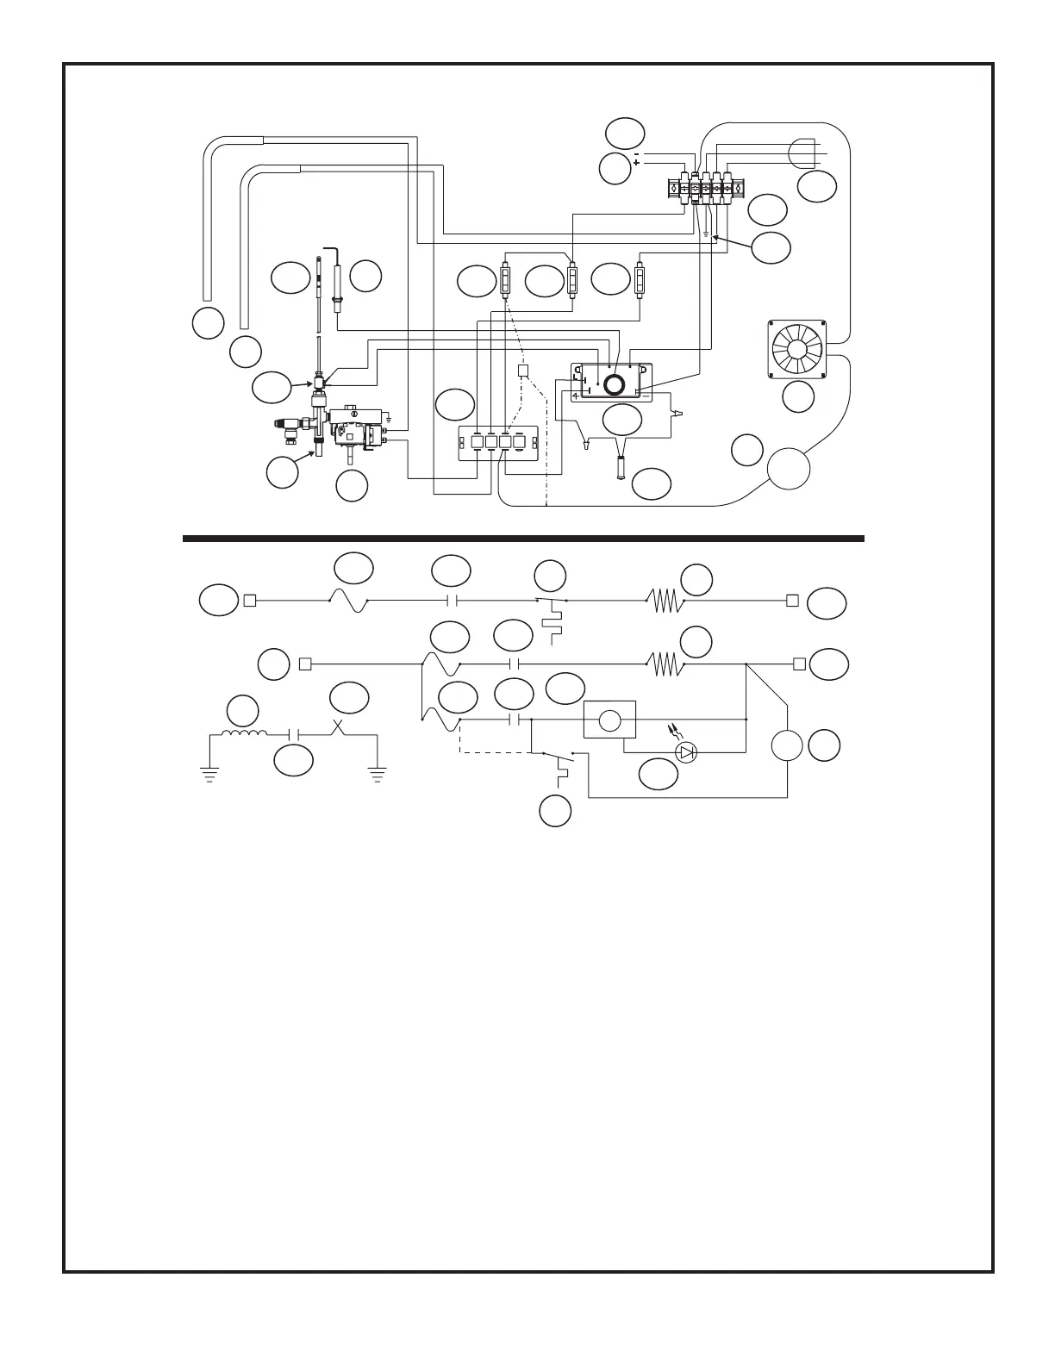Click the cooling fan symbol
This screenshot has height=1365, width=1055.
pos(796,349)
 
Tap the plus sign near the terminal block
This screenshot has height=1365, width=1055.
pos(636,163)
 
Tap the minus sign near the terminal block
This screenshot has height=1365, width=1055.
pos(636,153)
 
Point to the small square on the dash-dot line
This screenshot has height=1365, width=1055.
pos(522,371)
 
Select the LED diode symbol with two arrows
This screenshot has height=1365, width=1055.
pos(686,752)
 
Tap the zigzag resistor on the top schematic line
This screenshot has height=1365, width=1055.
pos(665,601)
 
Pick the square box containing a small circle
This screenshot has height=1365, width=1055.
pos(610,720)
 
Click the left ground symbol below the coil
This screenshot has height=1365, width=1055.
pos(208,772)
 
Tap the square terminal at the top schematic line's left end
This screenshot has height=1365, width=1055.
pos(250,601)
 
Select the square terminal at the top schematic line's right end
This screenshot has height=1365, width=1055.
pos(792,601)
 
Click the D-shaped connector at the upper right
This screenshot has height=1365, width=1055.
pos(802,153)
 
